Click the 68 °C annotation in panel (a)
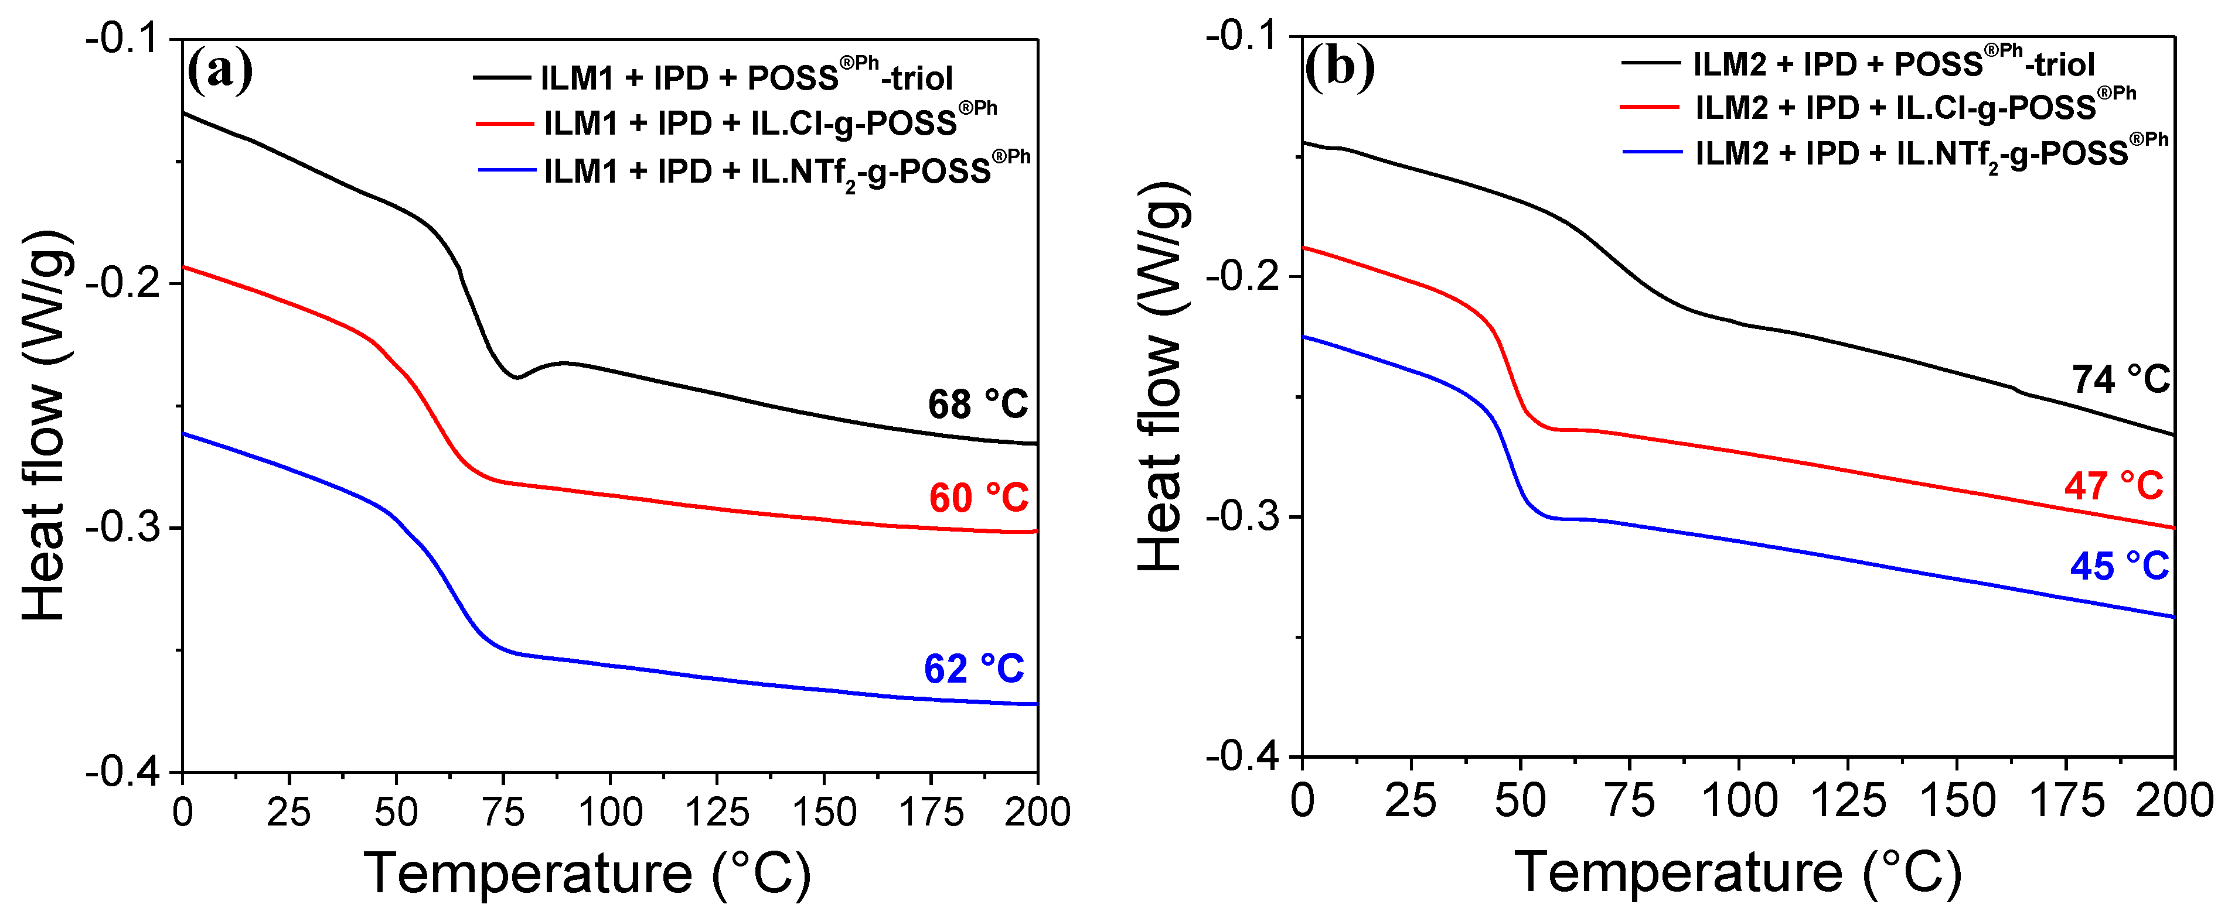977,405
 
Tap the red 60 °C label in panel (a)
978,498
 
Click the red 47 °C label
2113,486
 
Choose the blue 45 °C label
2119,566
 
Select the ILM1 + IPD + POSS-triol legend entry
745,78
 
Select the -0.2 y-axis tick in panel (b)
1245,276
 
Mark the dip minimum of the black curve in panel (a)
516,378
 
